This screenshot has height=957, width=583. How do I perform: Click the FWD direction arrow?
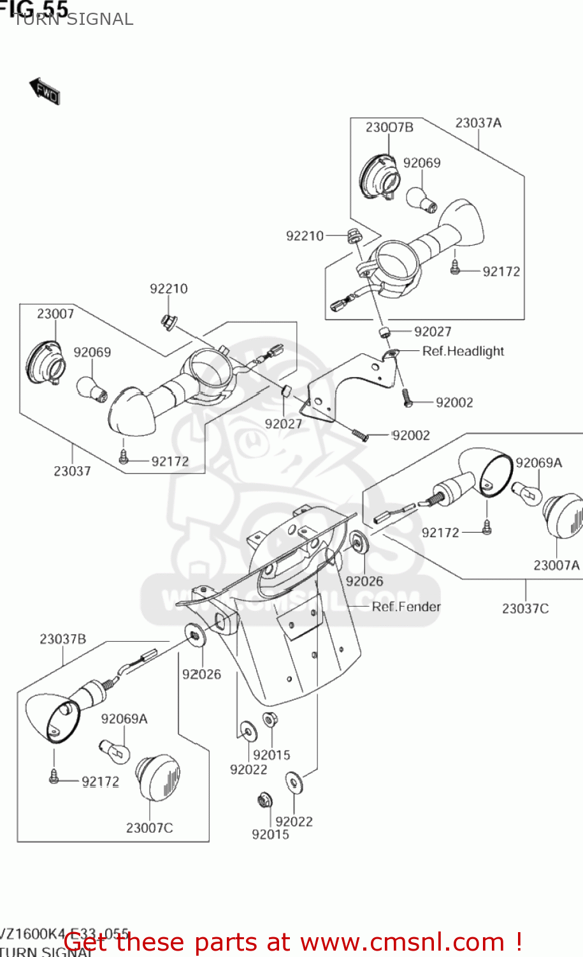(x=44, y=91)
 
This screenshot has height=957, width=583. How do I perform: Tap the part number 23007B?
(x=389, y=128)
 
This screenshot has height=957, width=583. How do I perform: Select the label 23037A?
(x=478, y=123)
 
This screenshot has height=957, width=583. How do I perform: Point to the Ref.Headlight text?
(x=463, y=352)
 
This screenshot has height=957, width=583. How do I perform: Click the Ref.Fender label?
(x=406, y=607)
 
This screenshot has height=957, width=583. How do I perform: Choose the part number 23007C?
(x=149, y=828)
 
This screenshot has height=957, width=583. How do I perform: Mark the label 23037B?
(x=62, y=639)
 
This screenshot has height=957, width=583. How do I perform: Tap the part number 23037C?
(x=525, y=609)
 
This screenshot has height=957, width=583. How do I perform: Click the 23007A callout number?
(x=556, y=565)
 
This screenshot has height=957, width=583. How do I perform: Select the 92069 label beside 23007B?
(x=421, y=163)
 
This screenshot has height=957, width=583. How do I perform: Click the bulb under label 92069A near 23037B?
(x=115, y=750)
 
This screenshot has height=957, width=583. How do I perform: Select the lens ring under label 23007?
(x=45, y=364)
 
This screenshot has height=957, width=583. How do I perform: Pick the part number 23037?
(x=72, y=471)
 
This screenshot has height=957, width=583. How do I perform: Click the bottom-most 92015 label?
(x=270, y=835)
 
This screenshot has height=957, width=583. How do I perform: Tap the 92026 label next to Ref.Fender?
(x=364, y=581)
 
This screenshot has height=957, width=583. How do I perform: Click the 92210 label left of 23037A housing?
(x=305, y=236)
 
